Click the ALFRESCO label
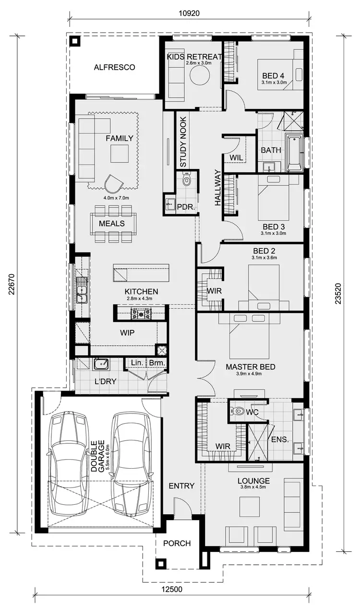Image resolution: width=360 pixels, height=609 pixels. point(114,67)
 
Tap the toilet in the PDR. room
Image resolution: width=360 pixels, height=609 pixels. point(187,180)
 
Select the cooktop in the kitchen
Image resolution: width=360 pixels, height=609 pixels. point(142,314)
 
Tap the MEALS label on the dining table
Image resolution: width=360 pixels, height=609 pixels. point(112,223)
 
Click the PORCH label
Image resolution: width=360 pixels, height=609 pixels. point(177,543)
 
